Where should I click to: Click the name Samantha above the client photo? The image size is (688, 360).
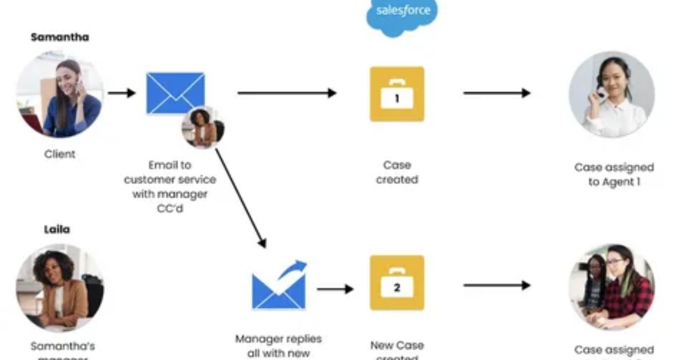tap(60, 37)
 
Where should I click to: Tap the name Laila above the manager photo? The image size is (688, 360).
tap(57, 229)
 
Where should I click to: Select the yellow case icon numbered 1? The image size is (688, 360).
tap(397, 94)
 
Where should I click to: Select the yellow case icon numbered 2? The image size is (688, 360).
tap(397, 283)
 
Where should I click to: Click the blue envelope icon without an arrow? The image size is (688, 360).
tap(175, 92)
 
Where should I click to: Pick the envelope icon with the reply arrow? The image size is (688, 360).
tap(279, 286)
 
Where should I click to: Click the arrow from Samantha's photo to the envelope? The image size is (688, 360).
tap(122, 93)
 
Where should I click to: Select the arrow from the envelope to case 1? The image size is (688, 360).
tap(287, 93)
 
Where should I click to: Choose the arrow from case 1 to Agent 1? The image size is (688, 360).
tap(497, 93)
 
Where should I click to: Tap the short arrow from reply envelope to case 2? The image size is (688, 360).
tap(335, 289)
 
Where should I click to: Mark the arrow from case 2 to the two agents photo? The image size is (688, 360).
tap(497, 285)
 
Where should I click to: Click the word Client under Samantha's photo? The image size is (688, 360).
tap(60, 154)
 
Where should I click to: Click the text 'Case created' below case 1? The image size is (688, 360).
tap(397, 172)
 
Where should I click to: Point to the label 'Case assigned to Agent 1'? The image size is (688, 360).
tap(613, 175)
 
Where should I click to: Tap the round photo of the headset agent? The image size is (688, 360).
tap(611, 95)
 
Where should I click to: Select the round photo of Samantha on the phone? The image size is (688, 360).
tap(60, 95)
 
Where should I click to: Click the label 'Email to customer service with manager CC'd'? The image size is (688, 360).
tap(170, 186)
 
